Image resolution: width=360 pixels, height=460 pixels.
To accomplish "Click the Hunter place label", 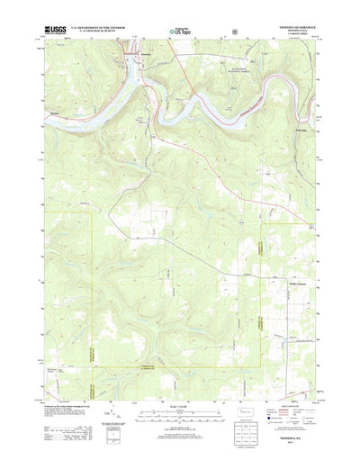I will pyautogui.click(x=57, y=113).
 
